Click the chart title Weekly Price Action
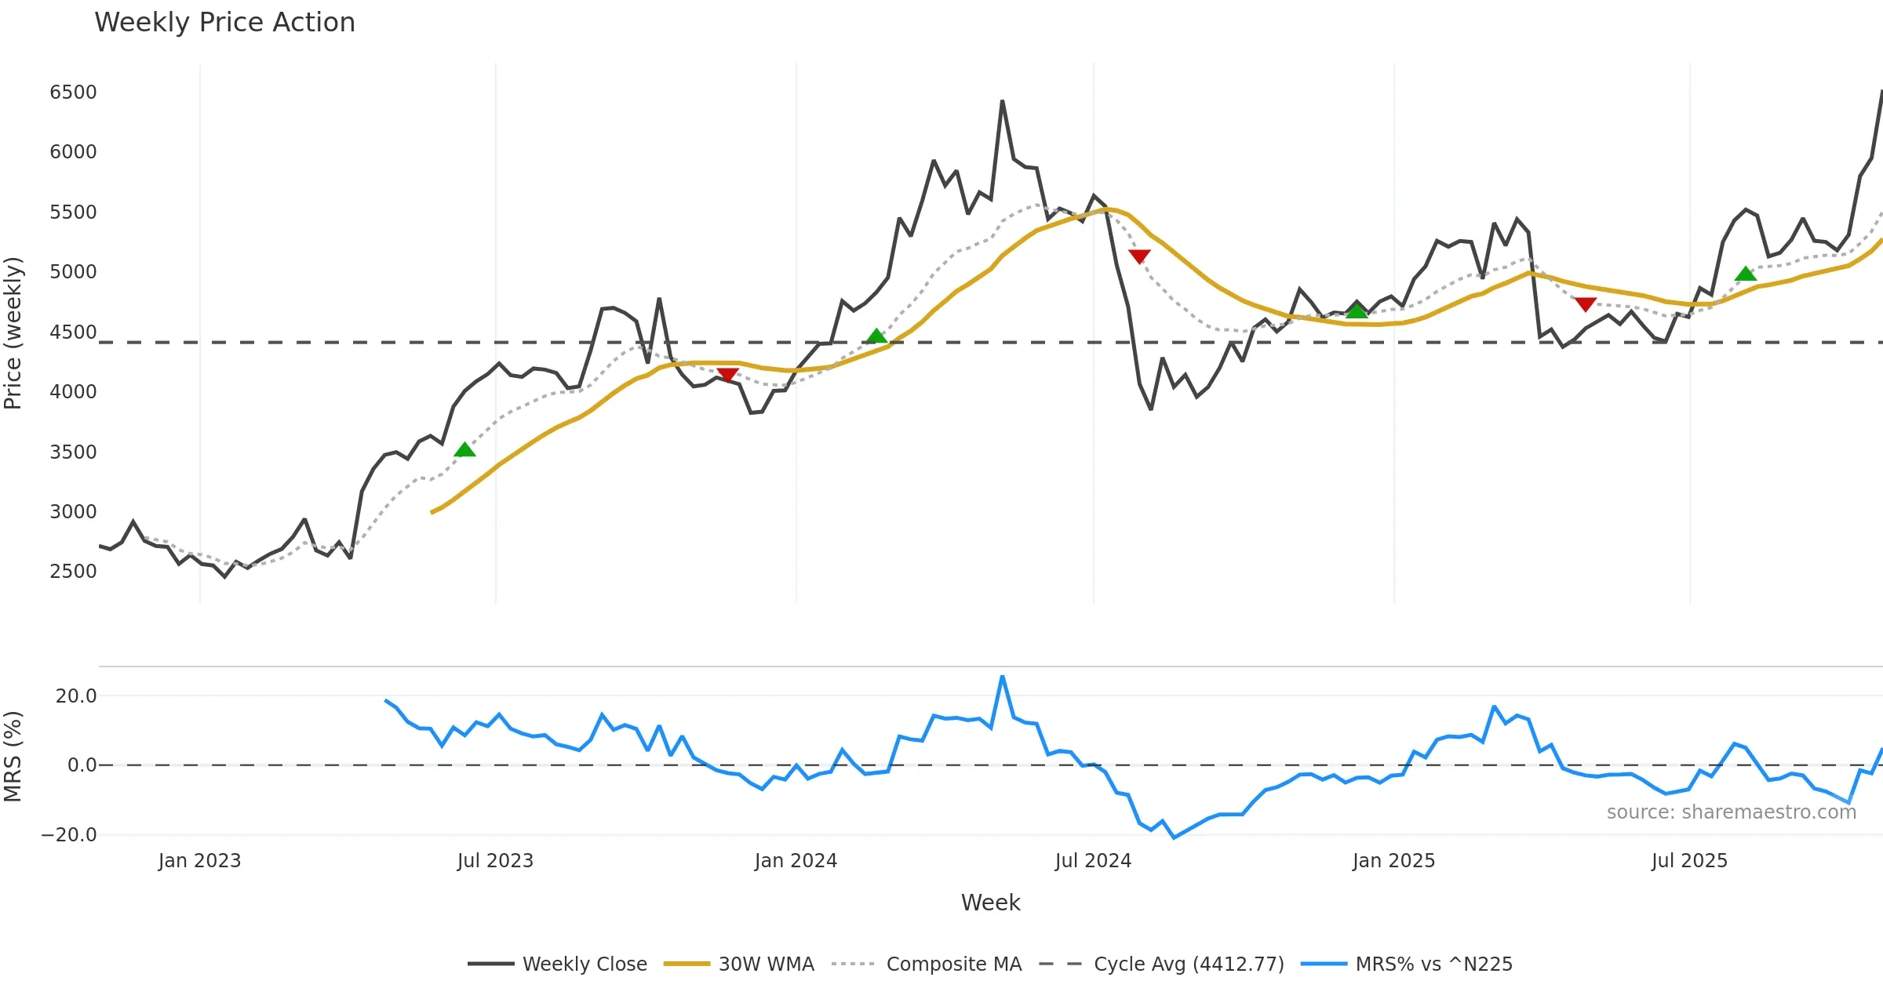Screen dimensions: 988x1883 click(x=224, y=23)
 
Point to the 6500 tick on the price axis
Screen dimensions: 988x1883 click(x=73, y=93)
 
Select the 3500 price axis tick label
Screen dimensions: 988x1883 click(x=73, y=452)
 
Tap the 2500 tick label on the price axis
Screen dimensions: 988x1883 click(x=73, y=572)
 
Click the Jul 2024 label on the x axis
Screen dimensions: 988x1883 click(x=1093, y=861)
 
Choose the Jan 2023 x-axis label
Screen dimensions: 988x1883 click(x=199, y=861)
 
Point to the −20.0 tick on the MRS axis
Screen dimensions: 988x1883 click(x=69, y=835)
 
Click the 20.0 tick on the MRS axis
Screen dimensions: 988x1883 click(x=76, y=696)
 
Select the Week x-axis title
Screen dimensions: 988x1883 click(x=990, y=903)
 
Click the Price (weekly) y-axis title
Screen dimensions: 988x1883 click(x=13, y=333)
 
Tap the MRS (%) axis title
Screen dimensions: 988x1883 click(x=13, y=757)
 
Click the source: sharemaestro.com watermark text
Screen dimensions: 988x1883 click(x=1731, y=812)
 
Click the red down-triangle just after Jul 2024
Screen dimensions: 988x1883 click(x=1139, y=256)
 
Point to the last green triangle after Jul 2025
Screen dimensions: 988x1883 click(x=1746, y=274)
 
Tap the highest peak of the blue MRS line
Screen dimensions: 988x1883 click(x=1002, y=676)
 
